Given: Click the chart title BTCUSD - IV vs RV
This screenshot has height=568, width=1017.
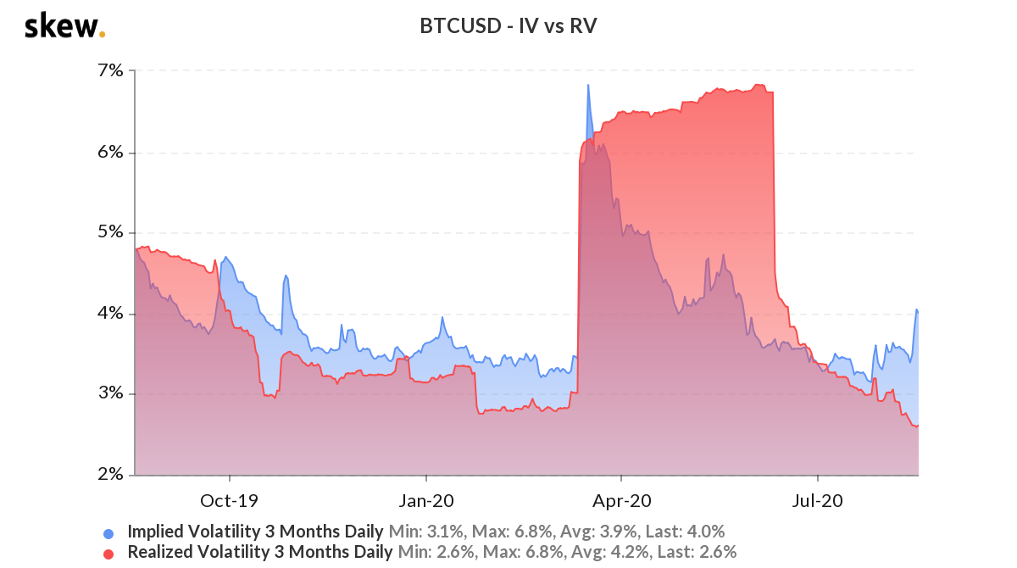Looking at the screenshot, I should [x=508, y=26].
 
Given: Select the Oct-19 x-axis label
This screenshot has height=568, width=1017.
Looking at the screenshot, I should [x=229, y=500].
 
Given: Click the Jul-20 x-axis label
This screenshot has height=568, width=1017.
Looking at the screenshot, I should [x=817, y=500].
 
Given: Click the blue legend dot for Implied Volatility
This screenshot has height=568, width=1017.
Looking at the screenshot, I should [x=108, y=533].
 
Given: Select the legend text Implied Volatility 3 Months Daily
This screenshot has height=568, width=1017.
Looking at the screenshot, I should [x=255, y=532].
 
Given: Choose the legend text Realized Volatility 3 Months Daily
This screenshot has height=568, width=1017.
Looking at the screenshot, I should [x=259, y=553].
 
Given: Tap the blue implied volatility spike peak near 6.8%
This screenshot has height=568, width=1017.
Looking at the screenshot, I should [x=587, y=86].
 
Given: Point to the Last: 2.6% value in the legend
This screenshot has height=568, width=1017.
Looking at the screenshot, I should [x=703, y=553].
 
